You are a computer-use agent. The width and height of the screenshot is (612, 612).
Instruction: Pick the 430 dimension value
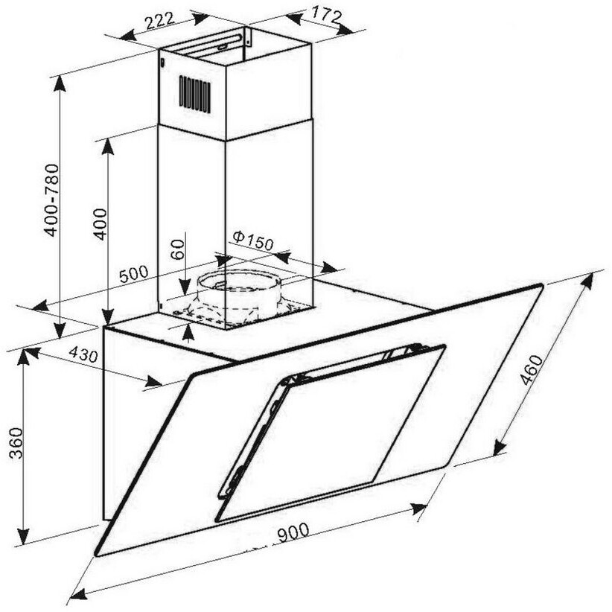(83, 356)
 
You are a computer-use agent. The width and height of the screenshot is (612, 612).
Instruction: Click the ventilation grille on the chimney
(194, 95)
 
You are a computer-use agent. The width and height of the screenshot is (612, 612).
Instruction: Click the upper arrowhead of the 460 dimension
(589, 281)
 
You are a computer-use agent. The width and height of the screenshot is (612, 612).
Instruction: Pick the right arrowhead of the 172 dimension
(345, 29)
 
